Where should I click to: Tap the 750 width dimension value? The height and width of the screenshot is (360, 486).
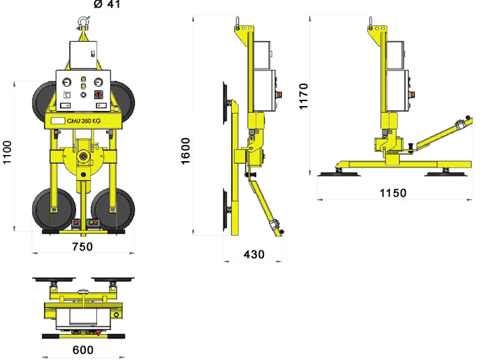[x=82, y=246]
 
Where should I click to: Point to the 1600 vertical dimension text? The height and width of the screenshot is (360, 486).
[x=186, y=151]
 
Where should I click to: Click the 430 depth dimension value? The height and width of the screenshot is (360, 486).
[x=253, y=255]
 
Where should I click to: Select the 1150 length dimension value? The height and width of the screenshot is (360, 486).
[x=393, y=193]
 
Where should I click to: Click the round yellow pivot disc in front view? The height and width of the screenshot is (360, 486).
[x=83, y=158]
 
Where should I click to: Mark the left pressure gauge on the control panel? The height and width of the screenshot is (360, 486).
[x=68, y=93]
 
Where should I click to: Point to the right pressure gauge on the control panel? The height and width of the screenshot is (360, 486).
[x=98, y=93]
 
